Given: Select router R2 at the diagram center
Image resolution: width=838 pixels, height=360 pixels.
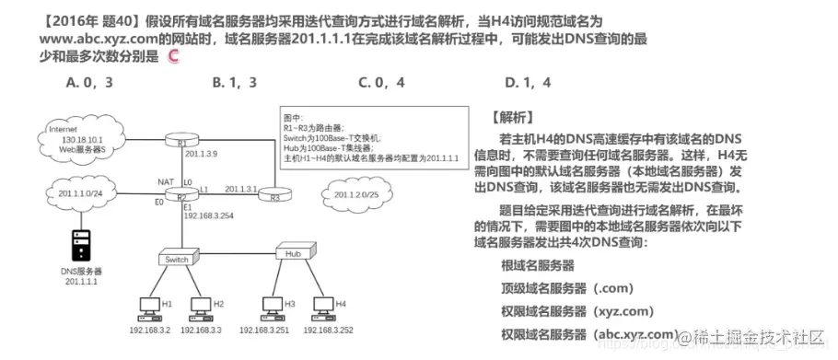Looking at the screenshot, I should point(181,196).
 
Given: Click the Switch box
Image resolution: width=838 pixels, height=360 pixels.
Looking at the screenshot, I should point(176,259).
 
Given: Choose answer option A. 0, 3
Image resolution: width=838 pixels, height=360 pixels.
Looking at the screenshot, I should point(90,82).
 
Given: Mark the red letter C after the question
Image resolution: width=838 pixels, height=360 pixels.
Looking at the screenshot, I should point(175,58).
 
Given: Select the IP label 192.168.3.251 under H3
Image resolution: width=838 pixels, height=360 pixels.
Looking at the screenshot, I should point(265,330).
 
